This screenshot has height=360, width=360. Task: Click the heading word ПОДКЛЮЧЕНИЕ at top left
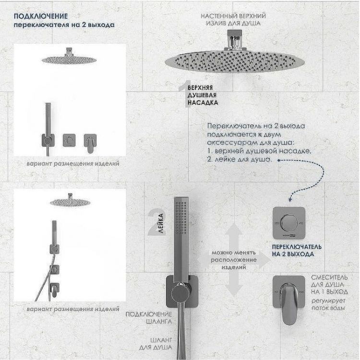[33, 15]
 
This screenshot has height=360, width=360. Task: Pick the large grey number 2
[156, 222]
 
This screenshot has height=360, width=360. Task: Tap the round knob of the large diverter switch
[288, 222]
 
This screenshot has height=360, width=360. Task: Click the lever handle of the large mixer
[289, 293]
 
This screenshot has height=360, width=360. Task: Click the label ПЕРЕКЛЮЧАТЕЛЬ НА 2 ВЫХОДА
[293, 250]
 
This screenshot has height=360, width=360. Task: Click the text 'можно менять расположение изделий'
[234, 259]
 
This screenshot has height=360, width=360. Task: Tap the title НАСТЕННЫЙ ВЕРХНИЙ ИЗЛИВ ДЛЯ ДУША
[234, 19]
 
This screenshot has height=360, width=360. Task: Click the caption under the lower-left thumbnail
[73, 309]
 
